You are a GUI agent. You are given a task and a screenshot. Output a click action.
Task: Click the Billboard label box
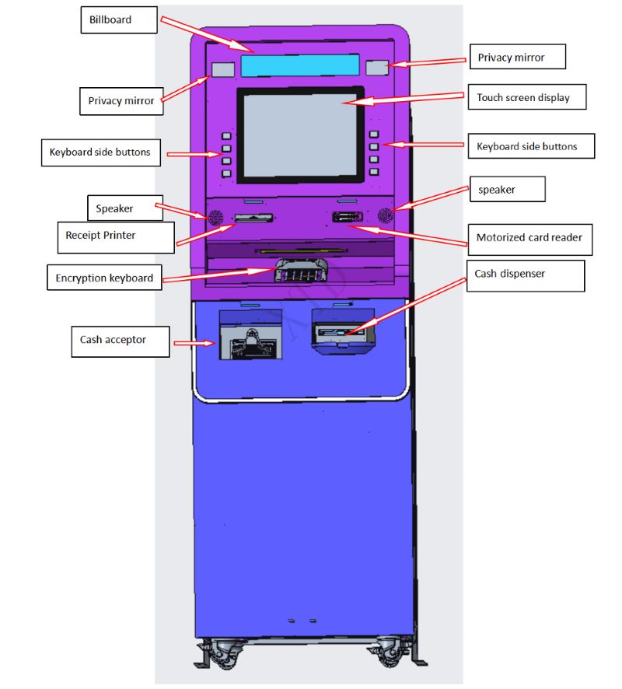118,20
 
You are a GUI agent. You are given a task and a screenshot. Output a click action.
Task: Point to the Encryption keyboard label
104,278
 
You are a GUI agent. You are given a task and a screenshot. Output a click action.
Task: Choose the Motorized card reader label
529,238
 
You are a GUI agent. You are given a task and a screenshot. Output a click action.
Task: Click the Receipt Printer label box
115,235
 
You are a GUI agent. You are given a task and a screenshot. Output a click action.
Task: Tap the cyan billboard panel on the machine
299,65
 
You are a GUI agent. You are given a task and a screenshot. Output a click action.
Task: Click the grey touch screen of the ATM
299,135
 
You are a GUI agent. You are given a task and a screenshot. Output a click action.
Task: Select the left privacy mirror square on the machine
223,69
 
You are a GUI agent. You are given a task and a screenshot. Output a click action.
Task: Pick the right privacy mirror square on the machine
378,67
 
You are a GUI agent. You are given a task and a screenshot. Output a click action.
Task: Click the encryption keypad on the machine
300,273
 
